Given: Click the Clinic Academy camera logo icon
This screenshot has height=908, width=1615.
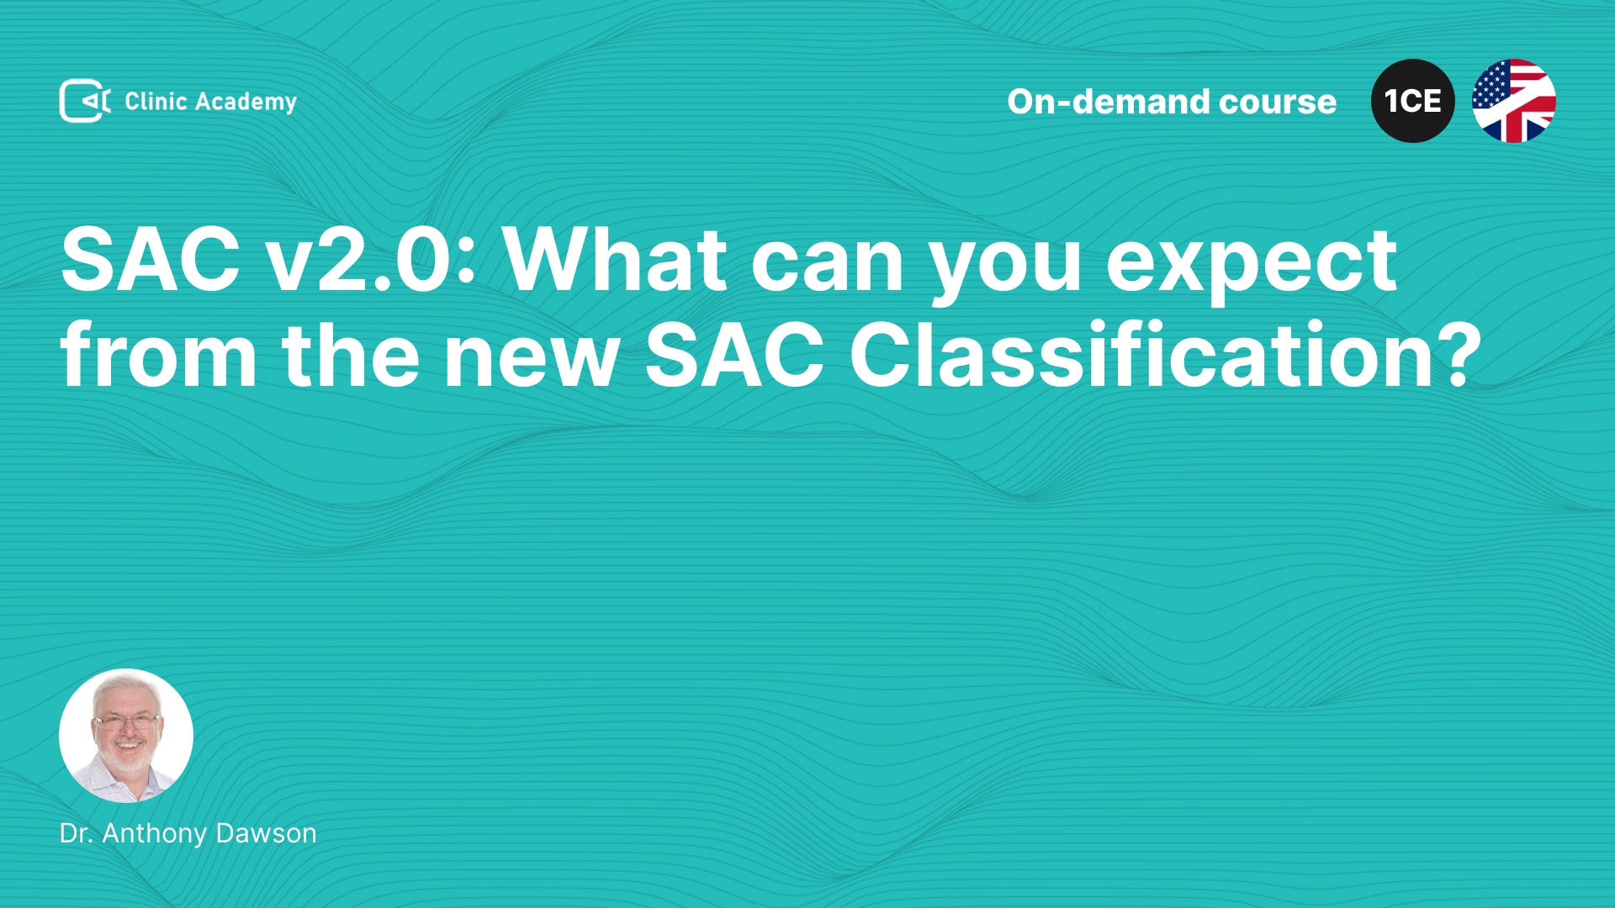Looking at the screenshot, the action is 85,101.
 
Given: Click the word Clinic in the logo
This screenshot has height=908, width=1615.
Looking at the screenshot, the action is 156,101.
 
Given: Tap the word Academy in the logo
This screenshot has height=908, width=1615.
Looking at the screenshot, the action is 246,103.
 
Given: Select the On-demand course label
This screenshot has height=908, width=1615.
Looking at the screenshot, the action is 1172,102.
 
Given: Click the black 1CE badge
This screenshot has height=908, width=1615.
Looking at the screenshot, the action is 1413,101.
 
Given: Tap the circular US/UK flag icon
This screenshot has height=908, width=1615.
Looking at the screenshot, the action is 1514,101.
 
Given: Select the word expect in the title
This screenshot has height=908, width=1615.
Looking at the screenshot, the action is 1252,265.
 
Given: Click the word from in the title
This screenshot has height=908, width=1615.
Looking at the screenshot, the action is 159,355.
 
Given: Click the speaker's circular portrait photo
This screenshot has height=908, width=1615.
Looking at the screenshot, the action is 126,736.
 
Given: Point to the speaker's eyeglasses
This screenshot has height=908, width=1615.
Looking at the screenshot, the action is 126,721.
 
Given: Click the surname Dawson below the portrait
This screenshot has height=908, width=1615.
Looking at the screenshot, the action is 266,833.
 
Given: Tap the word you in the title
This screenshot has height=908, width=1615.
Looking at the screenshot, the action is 1006,269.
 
